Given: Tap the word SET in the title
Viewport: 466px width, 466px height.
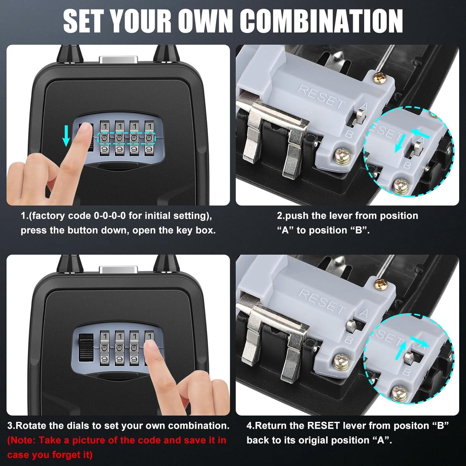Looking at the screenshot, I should pyautogui.click(x=83, y=21).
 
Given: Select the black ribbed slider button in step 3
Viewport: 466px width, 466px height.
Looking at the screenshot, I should pyautogui.click(x=84, y=348).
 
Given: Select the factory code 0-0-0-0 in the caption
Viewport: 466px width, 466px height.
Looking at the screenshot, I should pyautogui.click(x=110, y=216).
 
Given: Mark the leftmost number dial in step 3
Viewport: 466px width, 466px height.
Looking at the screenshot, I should pyautogui.click(x=105, y=348).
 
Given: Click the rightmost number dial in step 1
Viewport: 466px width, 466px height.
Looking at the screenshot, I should pyautogui.click(x=150, y=138).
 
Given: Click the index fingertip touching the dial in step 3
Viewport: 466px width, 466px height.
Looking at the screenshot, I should pyautogui.click(x=152, y=347).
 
